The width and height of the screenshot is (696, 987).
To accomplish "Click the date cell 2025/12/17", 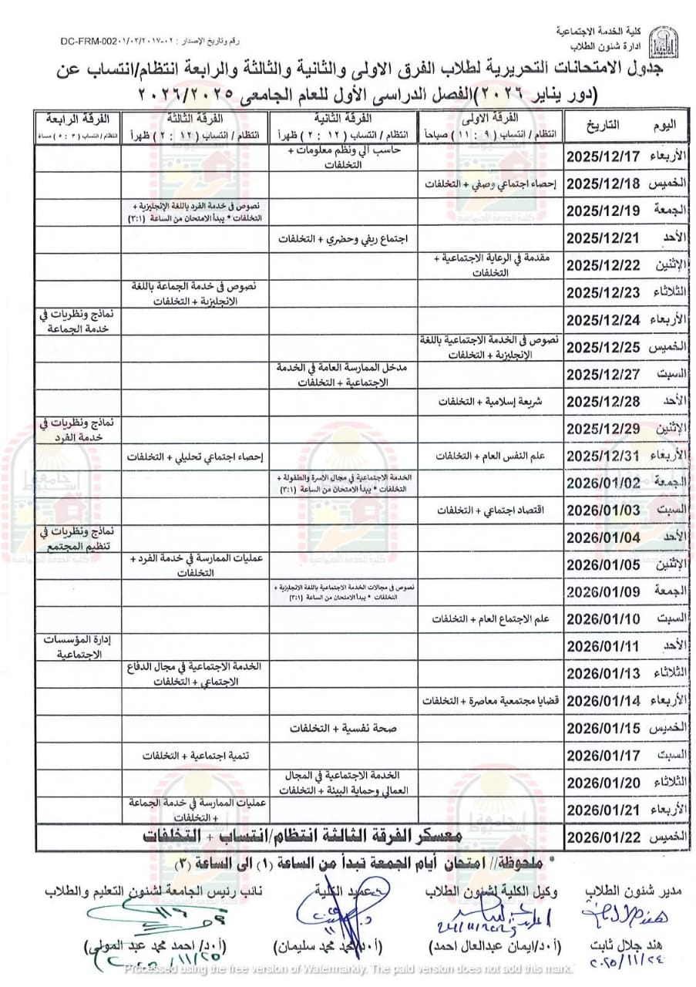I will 603,156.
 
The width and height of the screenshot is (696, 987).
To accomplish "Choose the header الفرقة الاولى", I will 490,119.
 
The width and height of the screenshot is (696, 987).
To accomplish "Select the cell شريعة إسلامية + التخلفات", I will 491,402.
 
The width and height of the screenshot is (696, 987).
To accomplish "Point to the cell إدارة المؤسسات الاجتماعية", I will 76,646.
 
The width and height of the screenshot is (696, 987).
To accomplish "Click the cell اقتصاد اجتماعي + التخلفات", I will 491,510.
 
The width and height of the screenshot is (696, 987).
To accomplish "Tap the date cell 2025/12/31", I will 603,456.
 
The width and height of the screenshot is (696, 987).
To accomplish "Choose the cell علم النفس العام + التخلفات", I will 491,456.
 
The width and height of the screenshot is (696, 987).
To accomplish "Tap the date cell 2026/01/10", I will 603,618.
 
